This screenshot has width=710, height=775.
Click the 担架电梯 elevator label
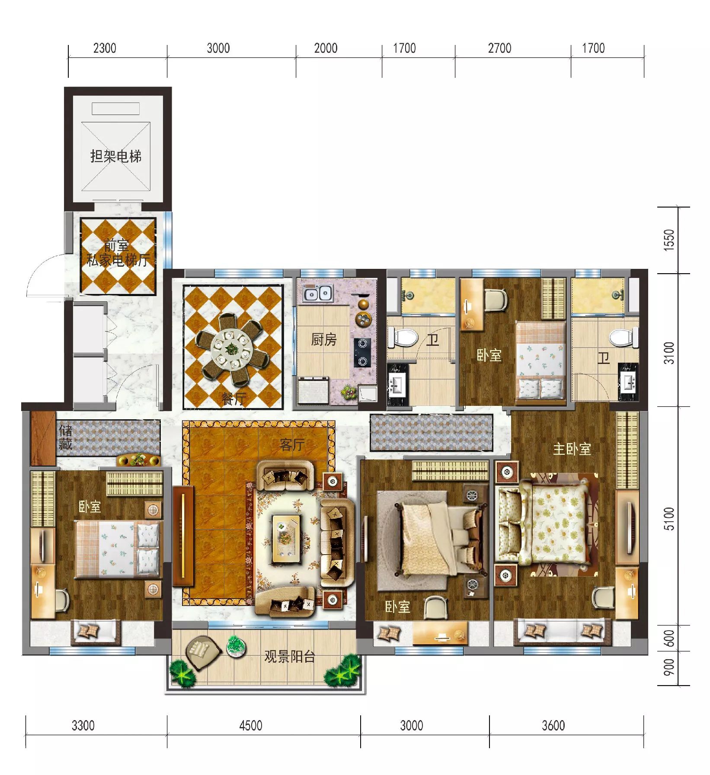pyautogui.click(x=116, y=156)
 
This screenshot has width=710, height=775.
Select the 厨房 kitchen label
pyautogui.click(x=324, y=339)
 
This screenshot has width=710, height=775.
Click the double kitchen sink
pyautogui.click(x=318, y=293)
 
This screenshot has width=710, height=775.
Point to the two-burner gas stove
pyautogui.click(x=362, y=352)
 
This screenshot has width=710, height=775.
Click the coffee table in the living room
pyautogui.click(x=286, y=538)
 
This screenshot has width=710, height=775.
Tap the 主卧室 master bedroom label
pyautogui.click(x=572, y=449)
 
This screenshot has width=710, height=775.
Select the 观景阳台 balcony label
pyautogui.click(x=290, y=657)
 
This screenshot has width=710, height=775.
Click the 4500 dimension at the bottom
pyautogui.click(x=251, y=725)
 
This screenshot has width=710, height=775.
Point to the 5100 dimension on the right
pyautogui.click(x=669, y=519)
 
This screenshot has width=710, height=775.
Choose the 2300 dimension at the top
pyautogui.click(x=105, y=48)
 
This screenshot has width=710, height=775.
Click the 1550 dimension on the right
pyautogui.click(x=669, y=239)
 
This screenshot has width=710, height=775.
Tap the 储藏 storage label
pyautogui.click(x=65, y=437)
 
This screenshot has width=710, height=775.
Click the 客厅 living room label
pyautogui.click(x=292, y=444)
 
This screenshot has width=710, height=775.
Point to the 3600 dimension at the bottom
pyautogui.click(x=553, y=725)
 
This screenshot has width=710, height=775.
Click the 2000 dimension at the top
pyautogui.click(x=326, y=48)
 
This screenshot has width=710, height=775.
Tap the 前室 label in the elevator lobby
pyautogui.click(x=116, y=246)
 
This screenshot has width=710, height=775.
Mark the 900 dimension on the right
pyautogui.click(x=669, y=667)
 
